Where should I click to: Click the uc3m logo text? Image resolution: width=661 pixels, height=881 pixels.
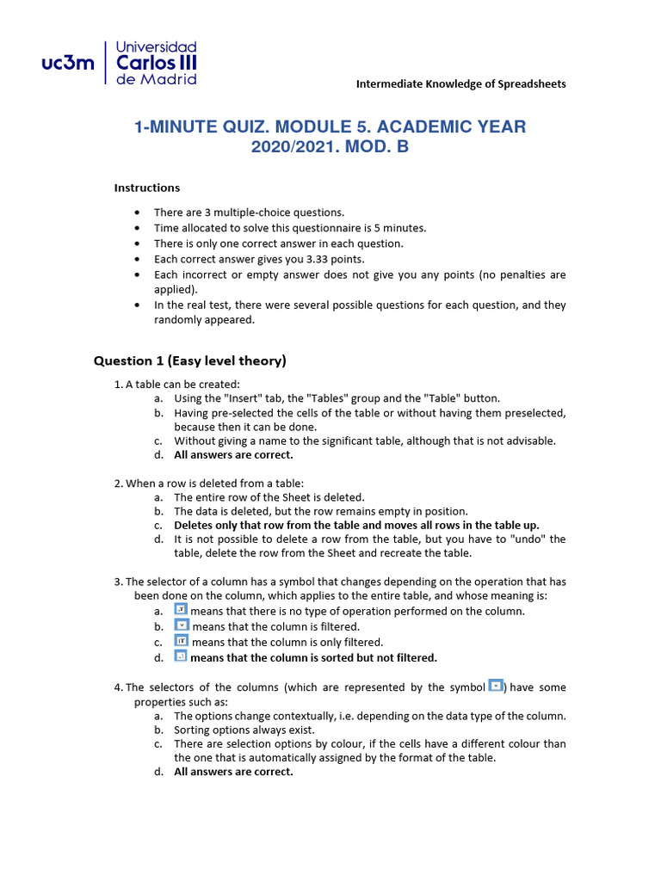[x=68, y=63]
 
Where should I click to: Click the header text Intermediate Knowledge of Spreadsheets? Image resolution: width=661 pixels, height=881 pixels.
[x=460, y=83]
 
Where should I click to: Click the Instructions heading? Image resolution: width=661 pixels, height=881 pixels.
[x=147, y=188]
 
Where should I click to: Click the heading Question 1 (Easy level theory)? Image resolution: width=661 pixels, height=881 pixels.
[x=189, y=360]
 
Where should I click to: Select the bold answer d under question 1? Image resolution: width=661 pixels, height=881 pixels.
[x=233, y=455]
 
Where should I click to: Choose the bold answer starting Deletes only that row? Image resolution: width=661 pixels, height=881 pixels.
[x=356, y=525]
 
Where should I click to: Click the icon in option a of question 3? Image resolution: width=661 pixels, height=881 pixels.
[x=181, y=609]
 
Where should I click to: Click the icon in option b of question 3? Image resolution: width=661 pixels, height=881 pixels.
[x=182, y=625]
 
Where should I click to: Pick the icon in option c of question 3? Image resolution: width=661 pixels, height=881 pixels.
[x=182, y=641]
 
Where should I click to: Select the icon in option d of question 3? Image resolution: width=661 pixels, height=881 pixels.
[x=181, y=656]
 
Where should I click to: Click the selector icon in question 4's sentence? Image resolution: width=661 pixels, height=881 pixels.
[x=496, y=686]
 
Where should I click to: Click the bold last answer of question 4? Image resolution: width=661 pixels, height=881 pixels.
[x=233, y=772]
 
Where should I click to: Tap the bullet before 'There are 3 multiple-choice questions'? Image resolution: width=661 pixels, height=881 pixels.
[x=137, y=213]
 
